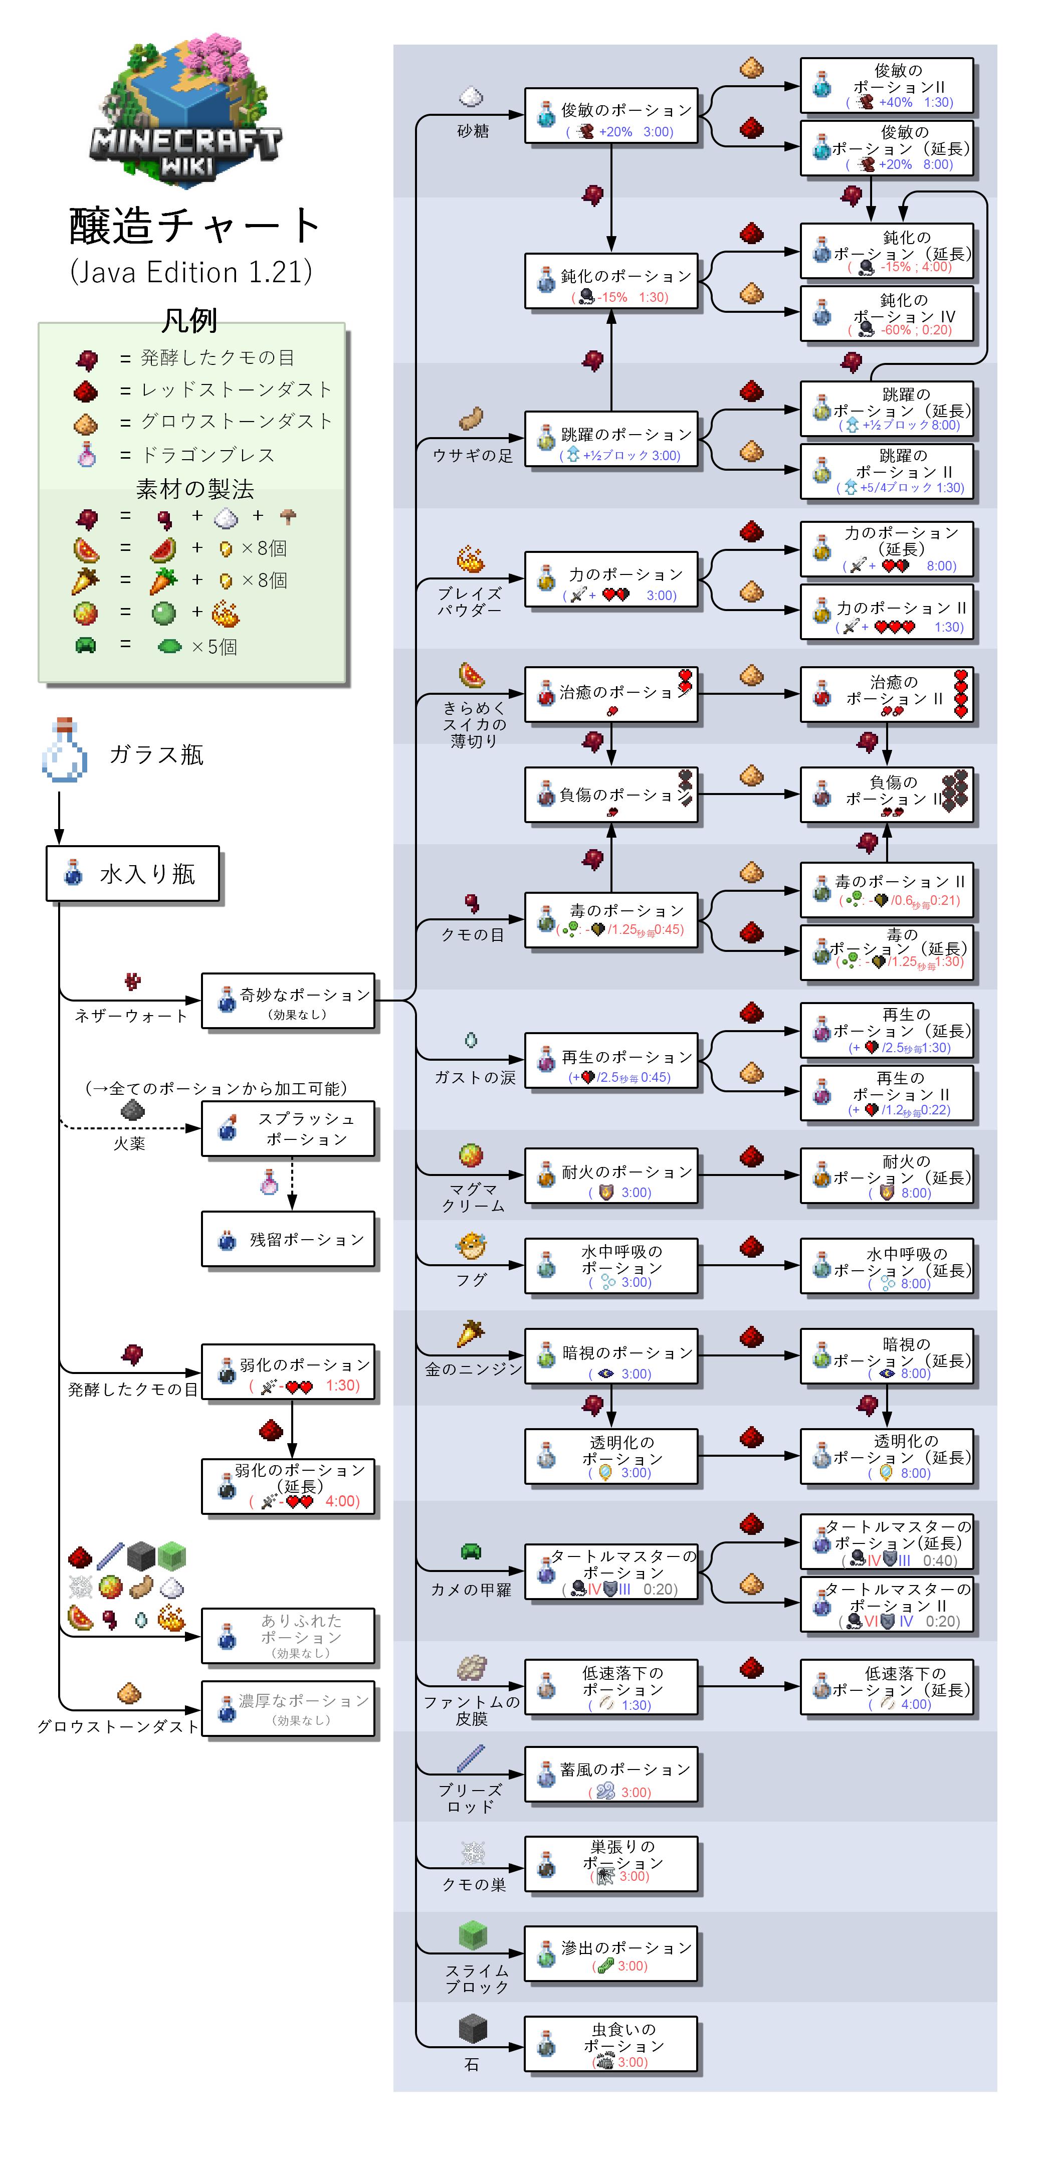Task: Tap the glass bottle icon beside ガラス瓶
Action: (x=65, y=750)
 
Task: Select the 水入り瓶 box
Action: (x=132, y=873)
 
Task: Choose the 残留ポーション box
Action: (x=288, y=1239)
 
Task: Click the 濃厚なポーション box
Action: (x=288, y=1708)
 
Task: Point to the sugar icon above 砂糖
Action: (x=471, y=97)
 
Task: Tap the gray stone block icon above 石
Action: (x=473, y=2029)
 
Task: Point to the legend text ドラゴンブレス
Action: (x=207, y=455)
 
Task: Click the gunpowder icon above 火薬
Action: (x=132, y=1111)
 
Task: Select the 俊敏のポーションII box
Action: (x=887, y=85)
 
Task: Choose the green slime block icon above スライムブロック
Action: (x=473, y=1935)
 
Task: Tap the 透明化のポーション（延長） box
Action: (x=887, y=1457)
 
